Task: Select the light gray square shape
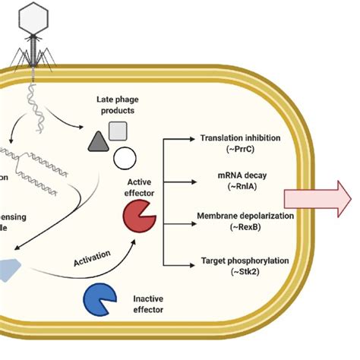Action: [x=118, y=131]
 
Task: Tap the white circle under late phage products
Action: [x=125, y=158]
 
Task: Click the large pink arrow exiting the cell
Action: [x=317, y=200]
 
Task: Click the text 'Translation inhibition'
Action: [x=240, y=138]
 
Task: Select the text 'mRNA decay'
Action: [x=240, y=175]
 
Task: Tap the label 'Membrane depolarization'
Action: [x=240, y=217]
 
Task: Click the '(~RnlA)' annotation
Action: [x=240, y=186]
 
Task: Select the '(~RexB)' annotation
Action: [x=240, y=229]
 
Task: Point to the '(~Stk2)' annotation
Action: [x=240, y=273]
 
